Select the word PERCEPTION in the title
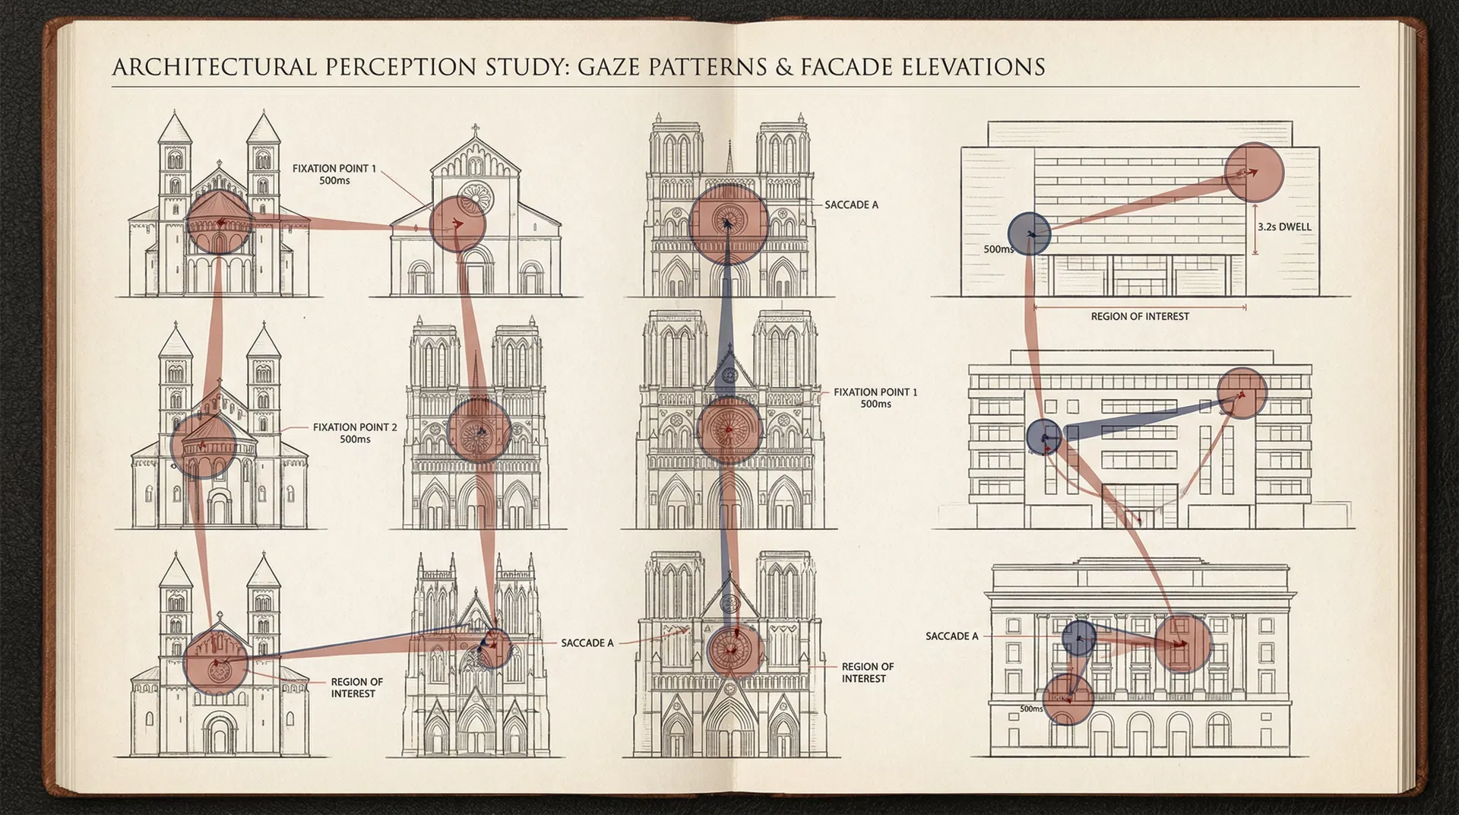(x=403, y=67)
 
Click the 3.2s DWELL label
(x=1284, y=227)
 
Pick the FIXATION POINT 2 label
(x=355, y=433)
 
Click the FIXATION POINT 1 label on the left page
(x=334, y=174)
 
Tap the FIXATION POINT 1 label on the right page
(x=875, y=398)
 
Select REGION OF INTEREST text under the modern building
(x=1140, y=316)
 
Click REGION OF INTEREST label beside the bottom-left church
(x=356, y=687)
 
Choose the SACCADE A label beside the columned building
(x=951, y=636)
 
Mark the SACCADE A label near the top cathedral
(x=851, y=205)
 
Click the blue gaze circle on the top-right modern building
(x=1029, y=233)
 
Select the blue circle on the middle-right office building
(x=1044, y=437)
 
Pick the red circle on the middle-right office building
(x=1242, y=393)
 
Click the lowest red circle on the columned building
(x=1068, y=699)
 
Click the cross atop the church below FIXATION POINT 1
(x=476, y=128)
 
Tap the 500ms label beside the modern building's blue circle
(x=999, y=249)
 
